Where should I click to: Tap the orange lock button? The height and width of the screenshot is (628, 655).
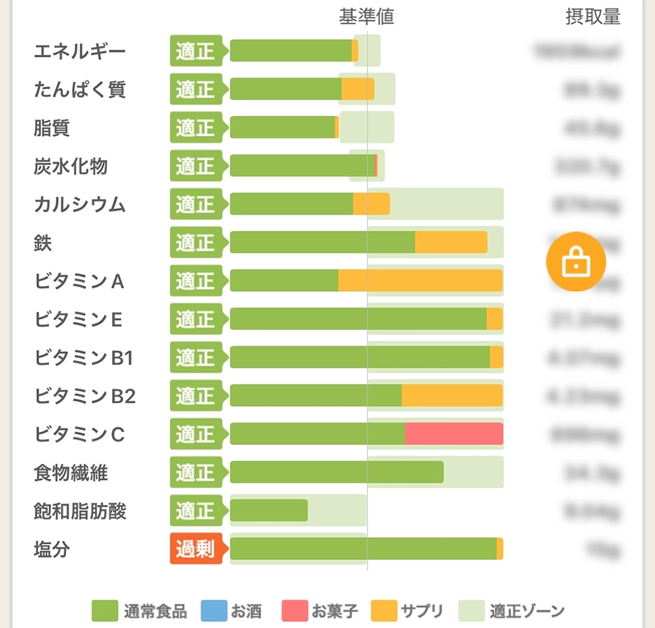(576, 262)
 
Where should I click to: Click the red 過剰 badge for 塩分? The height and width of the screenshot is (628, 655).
(195, 548)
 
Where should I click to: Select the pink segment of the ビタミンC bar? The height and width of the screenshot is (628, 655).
(453, 434)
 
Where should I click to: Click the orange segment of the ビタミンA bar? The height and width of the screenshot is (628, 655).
(420, 281)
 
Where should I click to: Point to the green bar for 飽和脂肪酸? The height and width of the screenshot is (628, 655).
(269, 510)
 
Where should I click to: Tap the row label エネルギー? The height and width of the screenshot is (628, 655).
(79, 52)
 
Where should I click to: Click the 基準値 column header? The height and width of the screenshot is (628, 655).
(366, 17)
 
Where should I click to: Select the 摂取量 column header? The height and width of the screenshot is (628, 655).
(592, 17)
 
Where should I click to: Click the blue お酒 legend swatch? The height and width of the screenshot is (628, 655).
(214, 611)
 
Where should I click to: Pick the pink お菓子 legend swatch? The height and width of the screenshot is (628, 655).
(295, 611)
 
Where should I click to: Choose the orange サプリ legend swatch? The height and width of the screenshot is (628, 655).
(384, 611)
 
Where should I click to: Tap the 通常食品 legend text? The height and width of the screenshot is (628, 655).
(155, 612)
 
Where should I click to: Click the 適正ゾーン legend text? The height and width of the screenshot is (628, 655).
(527, 612)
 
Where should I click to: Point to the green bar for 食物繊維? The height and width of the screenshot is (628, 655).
(337, 472)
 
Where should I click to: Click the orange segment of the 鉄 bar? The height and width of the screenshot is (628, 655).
(451, 242)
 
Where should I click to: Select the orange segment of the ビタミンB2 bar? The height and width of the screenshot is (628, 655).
(452, 395)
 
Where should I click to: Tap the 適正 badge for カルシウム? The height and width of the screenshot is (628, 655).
(195, 204)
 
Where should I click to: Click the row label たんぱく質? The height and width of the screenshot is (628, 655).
(79, 90)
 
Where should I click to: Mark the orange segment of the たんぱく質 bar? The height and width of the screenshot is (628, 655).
(358, 89)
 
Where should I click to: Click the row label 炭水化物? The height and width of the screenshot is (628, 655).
(70, 166)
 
